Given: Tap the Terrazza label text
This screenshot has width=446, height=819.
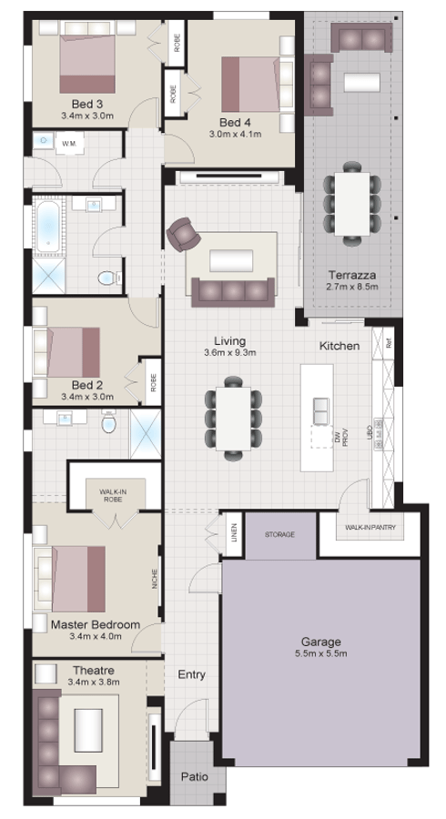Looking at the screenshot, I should click(x=351, y=274).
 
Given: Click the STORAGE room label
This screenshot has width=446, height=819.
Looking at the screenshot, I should click(x=279, y=534).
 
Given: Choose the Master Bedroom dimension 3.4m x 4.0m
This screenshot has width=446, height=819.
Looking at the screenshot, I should click(x=96, y=637).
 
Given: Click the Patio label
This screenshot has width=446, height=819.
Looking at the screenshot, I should click(x=192, y=777).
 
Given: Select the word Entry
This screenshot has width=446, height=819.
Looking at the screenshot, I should click(x=192, y=674).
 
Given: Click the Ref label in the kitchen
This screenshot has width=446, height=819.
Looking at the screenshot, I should click(x=389, y=344).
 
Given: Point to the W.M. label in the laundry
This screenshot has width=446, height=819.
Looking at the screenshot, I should click(x=69, y=144).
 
